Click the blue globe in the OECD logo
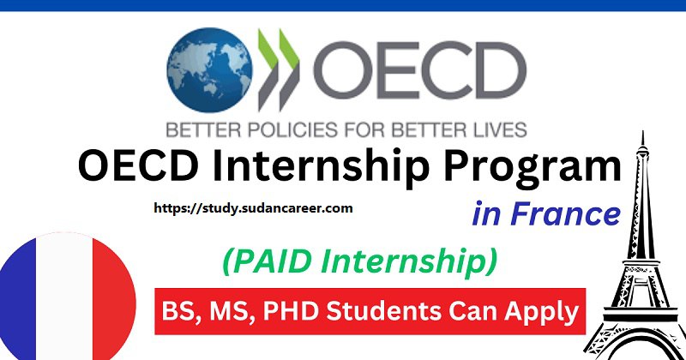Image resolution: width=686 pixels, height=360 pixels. click(x=209, y=70)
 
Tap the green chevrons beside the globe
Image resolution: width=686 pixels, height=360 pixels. click(x=279, y=69)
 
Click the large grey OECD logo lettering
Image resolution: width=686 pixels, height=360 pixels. click(x=420, y=70)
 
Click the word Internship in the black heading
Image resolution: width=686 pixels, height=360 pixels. click(x=321, y=167)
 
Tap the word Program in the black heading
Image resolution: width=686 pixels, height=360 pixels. click(x=533, y=168)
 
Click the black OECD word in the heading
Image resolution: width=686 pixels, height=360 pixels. click(x=138, y=165)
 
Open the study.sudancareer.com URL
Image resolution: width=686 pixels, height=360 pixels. click(x=253, y=208)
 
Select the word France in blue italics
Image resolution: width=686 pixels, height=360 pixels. click(x=566, y=213)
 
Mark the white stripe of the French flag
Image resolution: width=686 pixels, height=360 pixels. click(x=65, y=297)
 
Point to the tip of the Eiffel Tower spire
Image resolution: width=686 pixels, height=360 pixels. click(x=642, y=131)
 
